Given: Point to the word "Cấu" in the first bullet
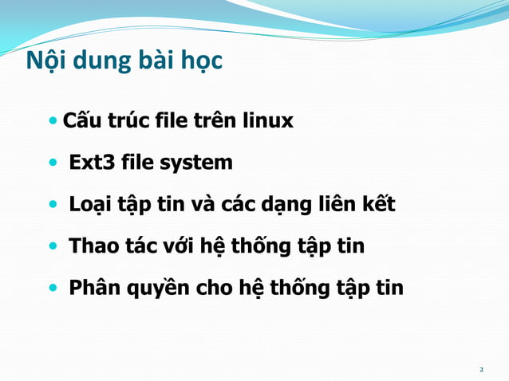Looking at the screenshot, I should click(x=80, y=121).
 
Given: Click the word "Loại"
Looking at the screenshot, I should click(x=91, y=205).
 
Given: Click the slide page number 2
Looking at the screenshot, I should click(x=481, y=370).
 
